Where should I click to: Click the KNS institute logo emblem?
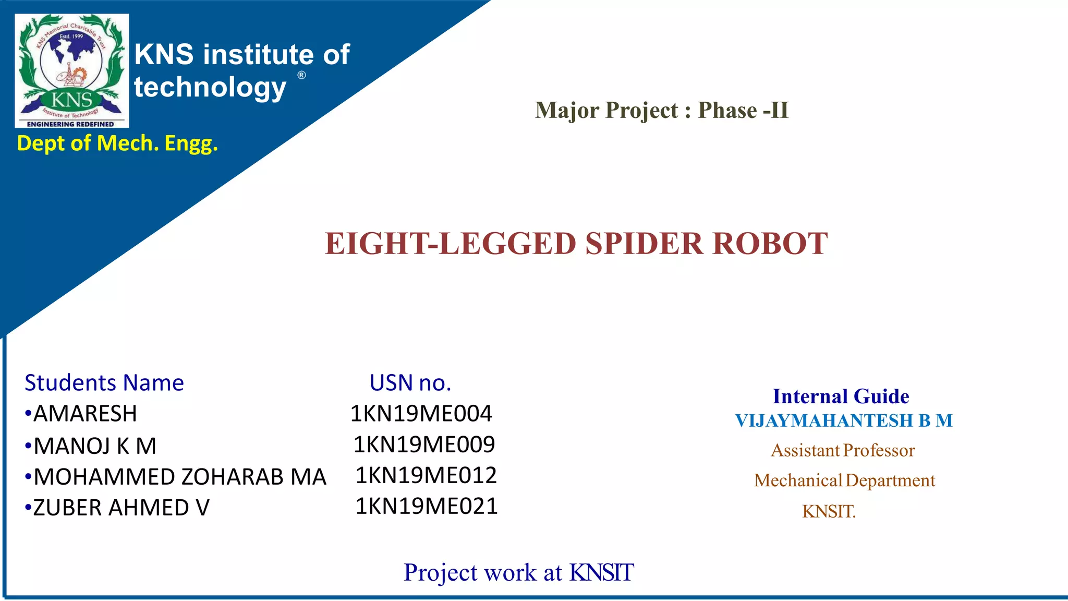(72, 70)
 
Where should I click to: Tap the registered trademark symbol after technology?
(301, 75)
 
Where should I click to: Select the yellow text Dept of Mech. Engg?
(117, 143)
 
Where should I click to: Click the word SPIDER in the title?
(644, 244)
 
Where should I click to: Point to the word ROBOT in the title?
(770, 244)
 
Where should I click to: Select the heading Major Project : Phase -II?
(661, 110)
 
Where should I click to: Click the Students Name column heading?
(104, 383)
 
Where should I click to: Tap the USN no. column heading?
(410, 383)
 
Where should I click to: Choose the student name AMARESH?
(85, 414)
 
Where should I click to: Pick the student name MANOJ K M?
(94, 446)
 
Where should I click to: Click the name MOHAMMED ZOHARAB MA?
(179, 477)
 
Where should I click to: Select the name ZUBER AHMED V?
(121, 508)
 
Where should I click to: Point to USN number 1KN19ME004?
(421, 414)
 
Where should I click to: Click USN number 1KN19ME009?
(424, 444)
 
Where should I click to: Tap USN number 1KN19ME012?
(426, 475)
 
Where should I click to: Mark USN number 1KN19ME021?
(427, 506)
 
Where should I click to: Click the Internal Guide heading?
(841, 396)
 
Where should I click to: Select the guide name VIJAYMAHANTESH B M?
(844, 420)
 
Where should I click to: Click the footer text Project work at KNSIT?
(518, 572)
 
